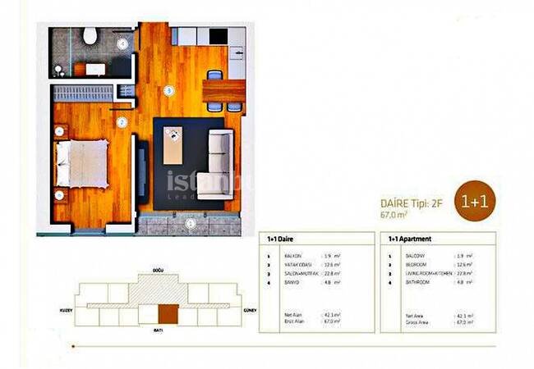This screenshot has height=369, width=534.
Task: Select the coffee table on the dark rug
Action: coord(173,148)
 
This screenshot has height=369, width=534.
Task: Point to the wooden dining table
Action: coord(223,89)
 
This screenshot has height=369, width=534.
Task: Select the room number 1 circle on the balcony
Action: coord(189,222)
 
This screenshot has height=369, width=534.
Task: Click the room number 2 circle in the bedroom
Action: coord(121,123)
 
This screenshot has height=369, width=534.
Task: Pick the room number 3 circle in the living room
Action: coord(168,90)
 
